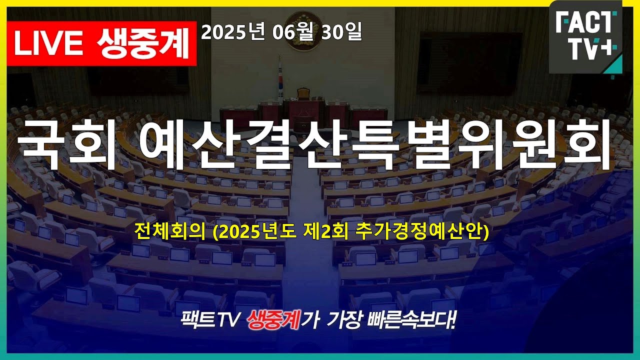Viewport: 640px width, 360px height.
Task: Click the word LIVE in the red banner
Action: coord(48,43)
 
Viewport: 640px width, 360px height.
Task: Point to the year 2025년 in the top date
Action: coord(233,32)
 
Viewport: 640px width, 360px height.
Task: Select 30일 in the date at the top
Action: coord(341,31)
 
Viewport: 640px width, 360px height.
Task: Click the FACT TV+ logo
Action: coord(585,36)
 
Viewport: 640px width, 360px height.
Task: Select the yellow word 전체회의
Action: coord(170,232)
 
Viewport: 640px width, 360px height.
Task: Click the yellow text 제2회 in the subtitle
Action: coord(325,232)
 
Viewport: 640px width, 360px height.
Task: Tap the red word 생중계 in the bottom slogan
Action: coord(273,320)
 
